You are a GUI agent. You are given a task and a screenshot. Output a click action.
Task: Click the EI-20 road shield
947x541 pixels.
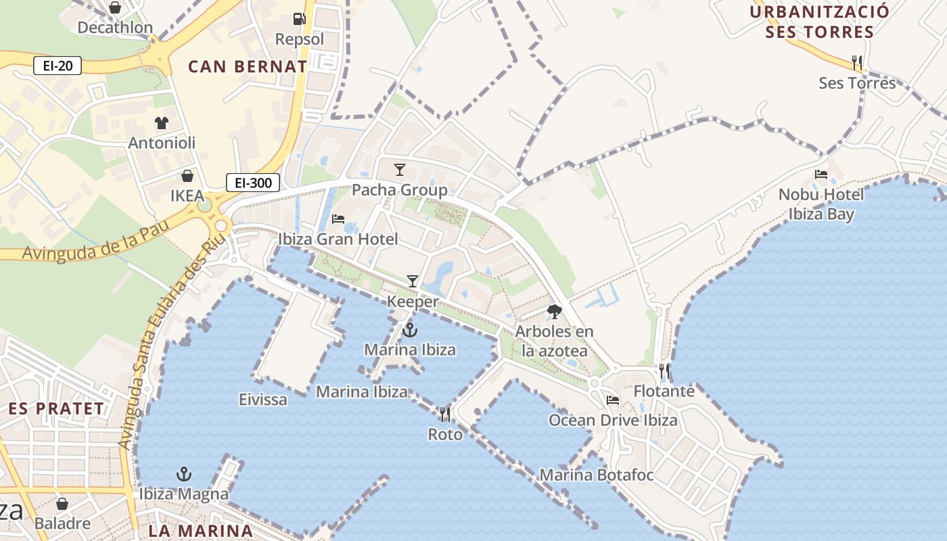pos(57,66)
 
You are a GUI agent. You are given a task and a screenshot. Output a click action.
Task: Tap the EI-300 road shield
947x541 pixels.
pos(253,183)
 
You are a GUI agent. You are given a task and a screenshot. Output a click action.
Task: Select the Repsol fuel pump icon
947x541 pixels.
pos(299,20)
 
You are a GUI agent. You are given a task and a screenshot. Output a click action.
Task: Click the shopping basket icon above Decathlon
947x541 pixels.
pos(115,7)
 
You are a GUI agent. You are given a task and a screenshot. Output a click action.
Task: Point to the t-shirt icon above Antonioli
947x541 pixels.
pos(162,122)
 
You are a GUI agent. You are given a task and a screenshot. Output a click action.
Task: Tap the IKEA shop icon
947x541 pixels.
pos(187,176)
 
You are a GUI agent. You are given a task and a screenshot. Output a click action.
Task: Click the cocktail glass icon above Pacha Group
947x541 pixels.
pos(400,169)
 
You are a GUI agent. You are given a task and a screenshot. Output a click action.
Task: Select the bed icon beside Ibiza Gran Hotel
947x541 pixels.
pos(338,218)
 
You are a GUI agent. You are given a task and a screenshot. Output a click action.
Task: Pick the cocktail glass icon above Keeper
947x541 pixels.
pos(413,281)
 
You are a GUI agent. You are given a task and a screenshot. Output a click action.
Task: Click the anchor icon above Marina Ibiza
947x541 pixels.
pos(409,330)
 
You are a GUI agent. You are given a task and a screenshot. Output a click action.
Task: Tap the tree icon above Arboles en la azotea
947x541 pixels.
pos(555,312)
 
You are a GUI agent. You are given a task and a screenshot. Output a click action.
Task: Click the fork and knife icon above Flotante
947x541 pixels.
pos(664,371)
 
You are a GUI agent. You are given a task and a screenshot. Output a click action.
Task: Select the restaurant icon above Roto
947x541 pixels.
pos(445,414)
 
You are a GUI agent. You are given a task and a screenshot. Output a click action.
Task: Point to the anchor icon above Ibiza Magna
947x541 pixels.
pos(184,474)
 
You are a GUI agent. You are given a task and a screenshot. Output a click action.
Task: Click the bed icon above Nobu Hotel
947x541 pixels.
pos(821,174)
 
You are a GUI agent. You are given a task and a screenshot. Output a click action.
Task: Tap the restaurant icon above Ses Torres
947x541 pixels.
pos(857,63)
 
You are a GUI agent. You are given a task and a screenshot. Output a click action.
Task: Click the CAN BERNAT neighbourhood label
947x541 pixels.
pos(248,67)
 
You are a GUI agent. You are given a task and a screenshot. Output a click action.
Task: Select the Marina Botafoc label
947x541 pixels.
pos(596,475)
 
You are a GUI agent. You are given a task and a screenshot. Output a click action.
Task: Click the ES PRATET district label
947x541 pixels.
pos(57,409)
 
